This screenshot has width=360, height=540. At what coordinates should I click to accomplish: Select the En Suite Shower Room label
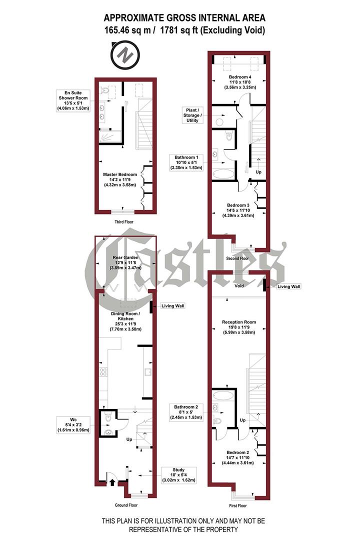click(73, 100)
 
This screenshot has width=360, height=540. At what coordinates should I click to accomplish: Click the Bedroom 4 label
click(238, 81)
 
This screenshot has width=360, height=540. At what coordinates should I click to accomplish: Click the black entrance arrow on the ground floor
click(111, 482)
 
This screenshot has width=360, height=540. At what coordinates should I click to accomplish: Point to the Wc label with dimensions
click(74, 424)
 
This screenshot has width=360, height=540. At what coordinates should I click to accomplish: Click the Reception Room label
click(238, 327)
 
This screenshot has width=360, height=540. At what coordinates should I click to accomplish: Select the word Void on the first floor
click(238, 287)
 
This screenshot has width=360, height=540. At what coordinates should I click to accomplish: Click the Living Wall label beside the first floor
click(290, 286)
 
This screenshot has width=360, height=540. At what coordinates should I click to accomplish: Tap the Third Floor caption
click(123, 221)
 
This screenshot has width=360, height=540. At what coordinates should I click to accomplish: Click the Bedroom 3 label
click(238, 210)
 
